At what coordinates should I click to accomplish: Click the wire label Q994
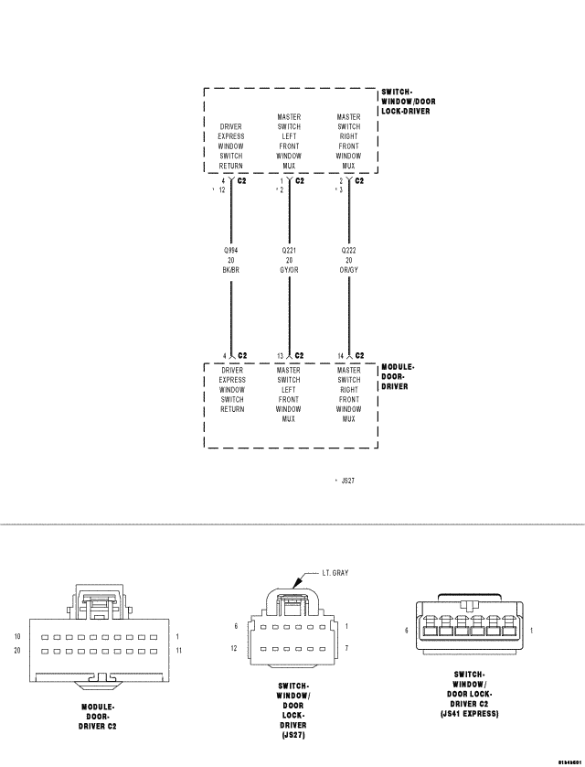231,250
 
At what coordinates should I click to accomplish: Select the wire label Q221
289,250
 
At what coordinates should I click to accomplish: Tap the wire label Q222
348,250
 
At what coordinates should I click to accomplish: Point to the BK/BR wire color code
231,270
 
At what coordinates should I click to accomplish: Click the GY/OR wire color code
289,270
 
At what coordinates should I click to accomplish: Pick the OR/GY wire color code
348,270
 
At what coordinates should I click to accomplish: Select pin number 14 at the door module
340,355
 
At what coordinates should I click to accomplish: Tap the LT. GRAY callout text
335,573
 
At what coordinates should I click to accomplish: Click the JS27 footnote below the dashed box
347,479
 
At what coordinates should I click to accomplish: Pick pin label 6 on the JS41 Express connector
407,631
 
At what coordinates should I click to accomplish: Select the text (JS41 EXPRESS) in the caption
468,712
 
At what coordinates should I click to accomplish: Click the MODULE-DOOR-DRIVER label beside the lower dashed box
398,376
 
